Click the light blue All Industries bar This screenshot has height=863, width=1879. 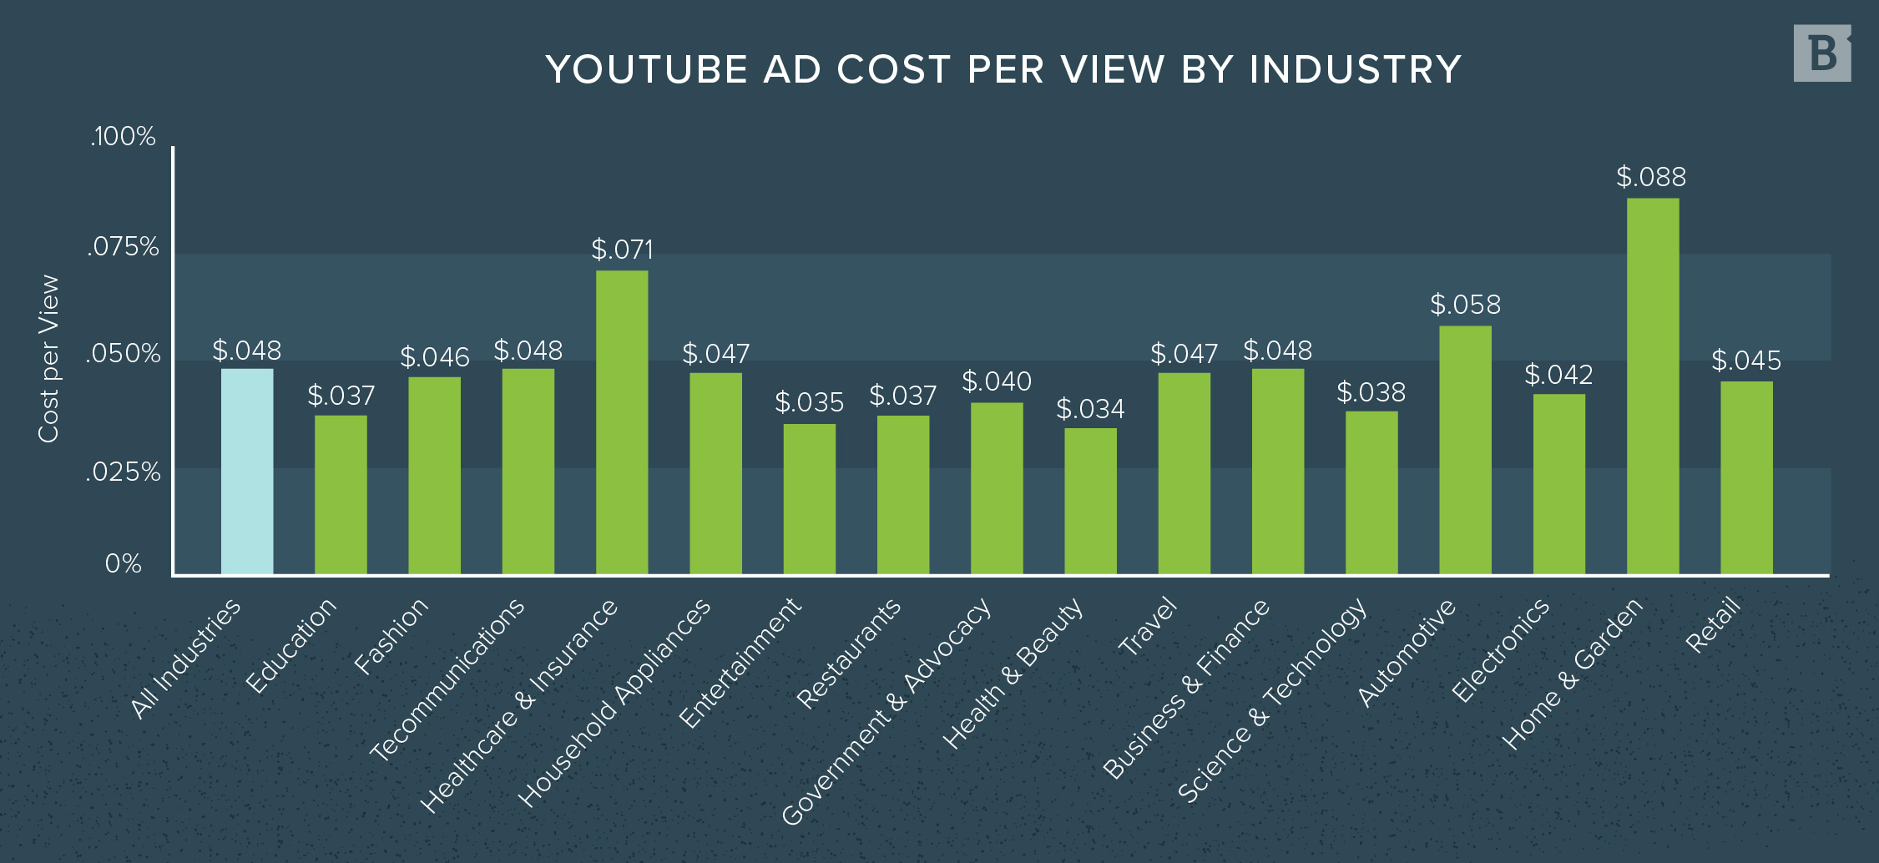click(x=247, y=472)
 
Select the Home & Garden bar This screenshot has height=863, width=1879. click(x=1653, y=386)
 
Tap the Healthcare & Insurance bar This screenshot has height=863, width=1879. click(x=622, y=422)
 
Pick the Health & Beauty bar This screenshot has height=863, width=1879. click(x=1090, y=501)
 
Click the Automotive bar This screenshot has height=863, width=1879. click(x=1465, y=450)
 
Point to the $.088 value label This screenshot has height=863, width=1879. click(x=1651, y=177)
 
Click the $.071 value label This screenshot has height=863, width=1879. click(x=622, y=250)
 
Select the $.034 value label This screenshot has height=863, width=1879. click(x=1090, y=409)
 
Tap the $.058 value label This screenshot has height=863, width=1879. click(x=1465, y=305)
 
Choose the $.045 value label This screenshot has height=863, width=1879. click(x=1745, y=361)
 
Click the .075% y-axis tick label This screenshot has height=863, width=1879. click(x=123, y=247)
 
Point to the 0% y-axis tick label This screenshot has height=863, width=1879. click(x=123, y=564)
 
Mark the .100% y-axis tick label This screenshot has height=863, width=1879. click(x=123, y=136)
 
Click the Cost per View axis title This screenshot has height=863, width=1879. click(x=48, y=359)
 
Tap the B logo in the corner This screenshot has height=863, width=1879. click(x=1821, y=53)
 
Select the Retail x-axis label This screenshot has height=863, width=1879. click(x=1713, y=624)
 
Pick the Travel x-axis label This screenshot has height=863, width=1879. click(x=1147, y=627)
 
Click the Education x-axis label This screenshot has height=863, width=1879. click(x=291, y=645)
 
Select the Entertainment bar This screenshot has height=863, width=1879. click(x=809, y=499)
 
